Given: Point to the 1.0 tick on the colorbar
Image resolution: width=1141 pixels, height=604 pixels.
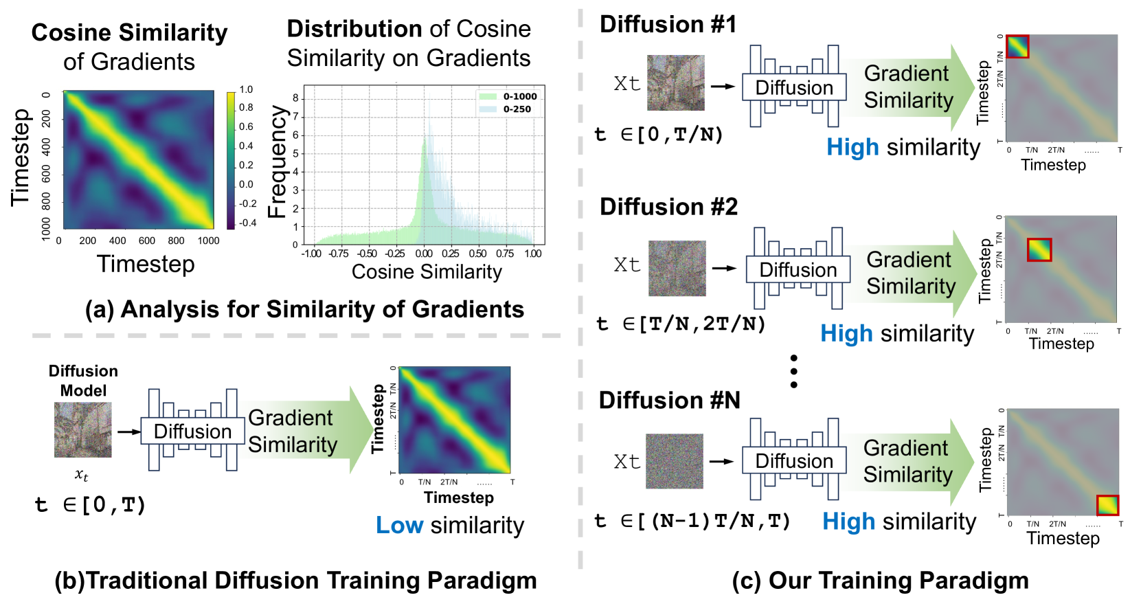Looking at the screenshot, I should [x=246, y=89].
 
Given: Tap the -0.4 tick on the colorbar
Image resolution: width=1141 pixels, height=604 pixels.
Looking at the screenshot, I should [x=247, y=223].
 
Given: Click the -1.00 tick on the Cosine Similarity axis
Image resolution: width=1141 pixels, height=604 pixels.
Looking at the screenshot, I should [x=311, y=254].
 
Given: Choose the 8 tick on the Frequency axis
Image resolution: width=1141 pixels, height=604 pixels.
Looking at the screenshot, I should [x=295, y=98].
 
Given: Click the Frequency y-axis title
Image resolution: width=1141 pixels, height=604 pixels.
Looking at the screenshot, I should [x=276, y=162].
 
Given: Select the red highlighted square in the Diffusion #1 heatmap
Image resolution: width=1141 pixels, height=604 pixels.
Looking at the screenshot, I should [x=1017, y=47].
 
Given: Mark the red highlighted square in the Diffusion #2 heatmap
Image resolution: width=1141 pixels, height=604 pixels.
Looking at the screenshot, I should [x=1039, y=249].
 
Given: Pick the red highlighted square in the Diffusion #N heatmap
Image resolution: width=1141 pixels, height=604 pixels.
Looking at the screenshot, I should [x=1107, y=506].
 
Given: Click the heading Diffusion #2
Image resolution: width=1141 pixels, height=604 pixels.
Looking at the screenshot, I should [x=668, y=207].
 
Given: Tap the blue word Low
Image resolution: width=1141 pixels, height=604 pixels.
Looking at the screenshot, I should [x=399, y=526].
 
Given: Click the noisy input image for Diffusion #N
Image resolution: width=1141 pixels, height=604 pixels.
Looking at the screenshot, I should [x=674, y=461].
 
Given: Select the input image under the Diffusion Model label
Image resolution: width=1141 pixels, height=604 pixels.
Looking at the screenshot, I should [x=82, y=430].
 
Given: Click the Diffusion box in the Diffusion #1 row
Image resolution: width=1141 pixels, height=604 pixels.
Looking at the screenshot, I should [x=794, y=88].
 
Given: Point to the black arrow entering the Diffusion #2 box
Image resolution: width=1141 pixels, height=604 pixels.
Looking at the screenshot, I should [x=723, y=268].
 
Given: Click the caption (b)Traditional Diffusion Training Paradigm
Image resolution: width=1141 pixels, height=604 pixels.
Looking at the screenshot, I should [x=295, y=581].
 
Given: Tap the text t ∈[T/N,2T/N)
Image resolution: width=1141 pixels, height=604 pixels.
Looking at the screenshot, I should [x=681, y=324].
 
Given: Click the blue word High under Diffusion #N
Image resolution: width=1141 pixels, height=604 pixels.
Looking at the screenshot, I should [x=848, y=522].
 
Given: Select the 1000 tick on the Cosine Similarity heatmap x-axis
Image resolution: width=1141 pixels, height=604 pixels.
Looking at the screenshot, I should [x=208, y=241].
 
